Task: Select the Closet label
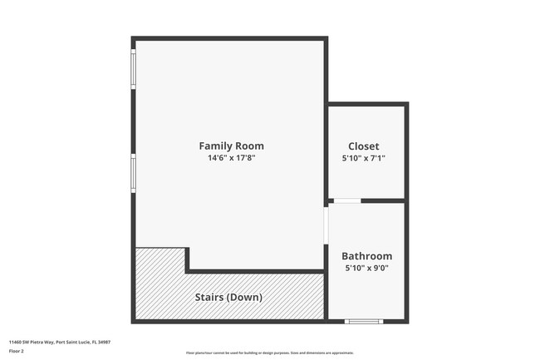363,146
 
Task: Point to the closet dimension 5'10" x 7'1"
363,158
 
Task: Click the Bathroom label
366,256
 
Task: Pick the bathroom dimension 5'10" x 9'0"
366,268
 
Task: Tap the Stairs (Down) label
228,297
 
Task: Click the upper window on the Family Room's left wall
133,69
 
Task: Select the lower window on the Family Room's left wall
133,174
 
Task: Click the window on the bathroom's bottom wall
364,321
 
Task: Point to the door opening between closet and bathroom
347,200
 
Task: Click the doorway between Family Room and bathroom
326,224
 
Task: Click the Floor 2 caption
17,351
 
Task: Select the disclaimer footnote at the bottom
269,353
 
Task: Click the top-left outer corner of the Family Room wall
132,37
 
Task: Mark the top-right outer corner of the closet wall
407,104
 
